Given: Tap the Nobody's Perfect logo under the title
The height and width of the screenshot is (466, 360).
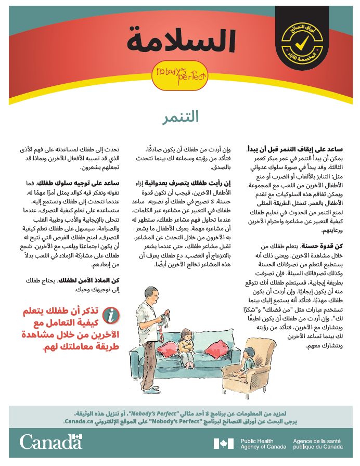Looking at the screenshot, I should (179, 73).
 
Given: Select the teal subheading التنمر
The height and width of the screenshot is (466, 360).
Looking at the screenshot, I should (180, 117).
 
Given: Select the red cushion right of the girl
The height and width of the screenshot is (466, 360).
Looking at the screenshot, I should (217, 345).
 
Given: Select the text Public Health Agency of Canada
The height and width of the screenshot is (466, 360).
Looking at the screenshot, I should (263, 444).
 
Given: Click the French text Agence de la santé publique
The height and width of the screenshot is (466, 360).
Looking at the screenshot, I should (318, 444).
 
